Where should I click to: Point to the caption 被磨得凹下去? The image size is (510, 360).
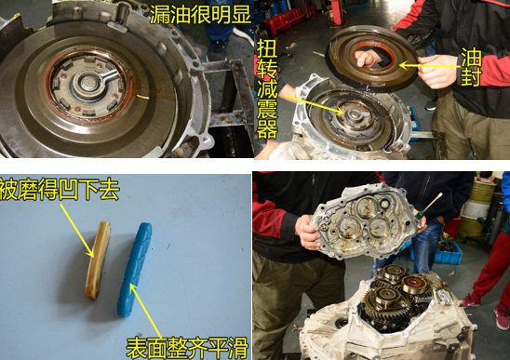point(60,192)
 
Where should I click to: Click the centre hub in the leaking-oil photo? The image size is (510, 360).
point(87,85)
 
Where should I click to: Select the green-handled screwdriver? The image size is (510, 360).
point(430,205)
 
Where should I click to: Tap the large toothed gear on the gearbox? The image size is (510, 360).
point(401,306)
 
